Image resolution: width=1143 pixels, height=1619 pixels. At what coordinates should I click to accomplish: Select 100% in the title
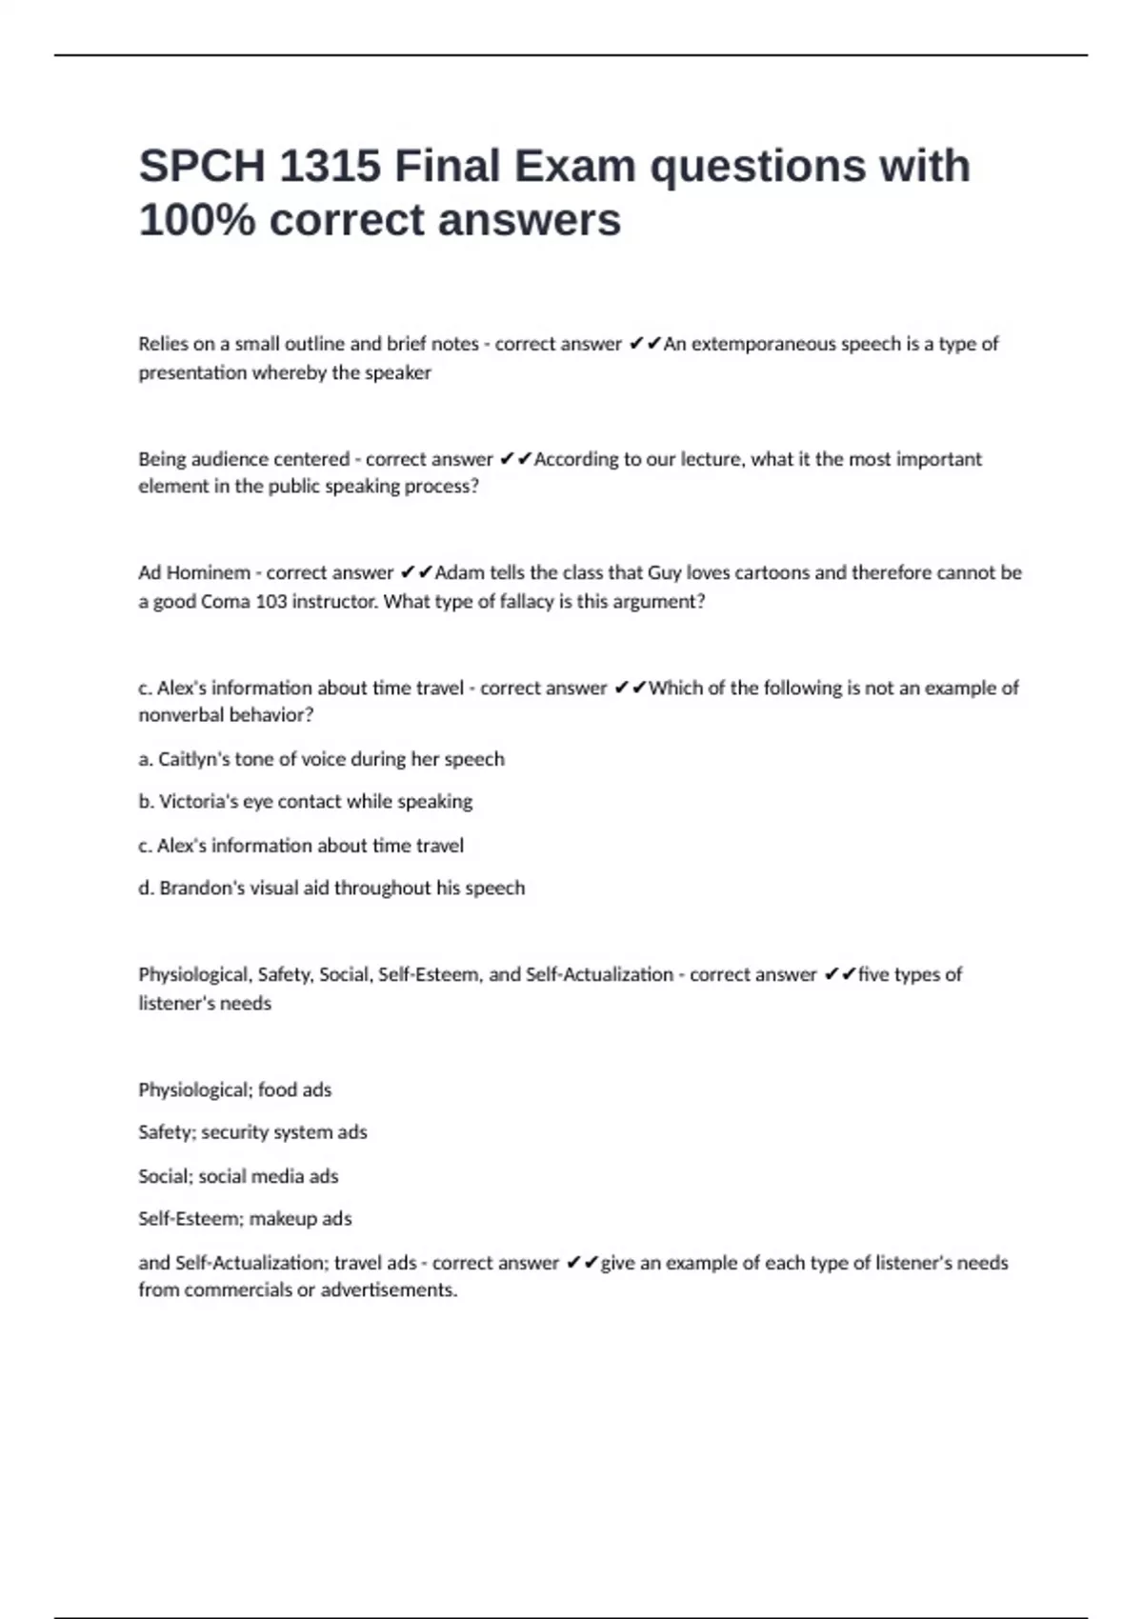pyautogui.click(x=197, y=221)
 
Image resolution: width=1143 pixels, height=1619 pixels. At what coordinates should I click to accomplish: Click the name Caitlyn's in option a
pyautogui.click(x=196, y=759)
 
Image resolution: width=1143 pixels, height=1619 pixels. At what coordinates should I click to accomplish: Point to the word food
pyautogui.click(x=277, y=1089)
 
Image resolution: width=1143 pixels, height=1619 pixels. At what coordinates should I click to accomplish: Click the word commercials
pyautogui.click(x=238, y=1290)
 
